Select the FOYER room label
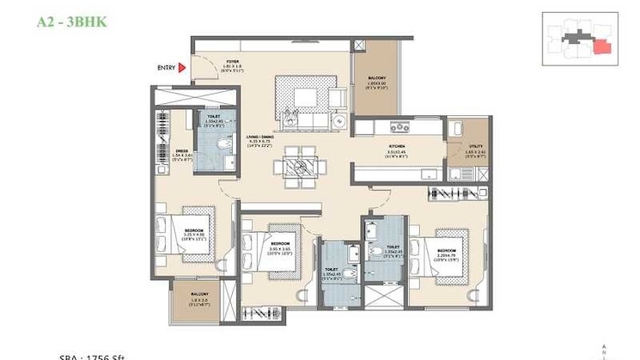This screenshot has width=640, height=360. (232, 62)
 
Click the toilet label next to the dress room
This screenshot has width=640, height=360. (212, 119)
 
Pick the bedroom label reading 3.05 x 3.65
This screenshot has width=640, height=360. (281, 229)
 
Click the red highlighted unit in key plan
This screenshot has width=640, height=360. (604, 47)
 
